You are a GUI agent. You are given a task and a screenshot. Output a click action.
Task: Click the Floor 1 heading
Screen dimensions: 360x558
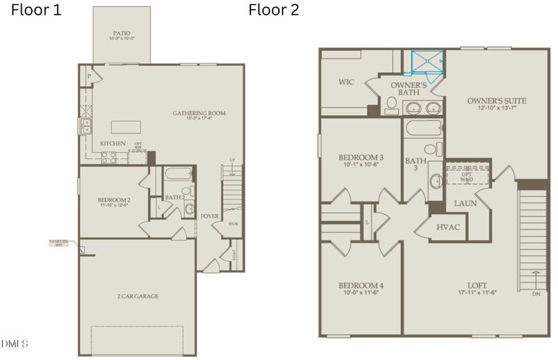coord(36,10)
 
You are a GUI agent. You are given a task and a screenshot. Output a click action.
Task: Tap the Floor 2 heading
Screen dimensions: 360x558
coord(274,10)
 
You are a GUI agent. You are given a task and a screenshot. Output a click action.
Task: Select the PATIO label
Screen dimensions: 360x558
coord(121,33)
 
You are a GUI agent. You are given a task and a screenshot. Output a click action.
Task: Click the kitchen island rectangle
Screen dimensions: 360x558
coord(126,126)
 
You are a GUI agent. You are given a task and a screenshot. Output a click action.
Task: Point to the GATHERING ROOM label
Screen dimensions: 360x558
coord(199,113)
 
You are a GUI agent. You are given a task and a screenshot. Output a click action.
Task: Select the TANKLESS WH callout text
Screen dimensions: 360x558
coord(59,243)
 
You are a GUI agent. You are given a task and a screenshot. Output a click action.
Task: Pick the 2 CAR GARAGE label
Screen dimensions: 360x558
coord(137,297)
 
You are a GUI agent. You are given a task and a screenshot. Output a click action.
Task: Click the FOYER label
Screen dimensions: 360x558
coord(210,216)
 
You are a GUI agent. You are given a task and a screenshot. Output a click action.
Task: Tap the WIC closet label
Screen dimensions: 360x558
coord(347,82)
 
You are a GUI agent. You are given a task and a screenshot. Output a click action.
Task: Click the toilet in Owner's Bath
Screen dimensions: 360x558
coord(391,106)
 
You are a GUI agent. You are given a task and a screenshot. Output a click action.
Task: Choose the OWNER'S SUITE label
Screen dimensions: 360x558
coord(497,101)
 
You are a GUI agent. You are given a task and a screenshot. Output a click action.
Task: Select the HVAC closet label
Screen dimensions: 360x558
coord(448,227)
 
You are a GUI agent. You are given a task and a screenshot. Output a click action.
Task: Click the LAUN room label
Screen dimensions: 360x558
coord(465,203)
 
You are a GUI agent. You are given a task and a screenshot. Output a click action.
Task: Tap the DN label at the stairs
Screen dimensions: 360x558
coord(536,294)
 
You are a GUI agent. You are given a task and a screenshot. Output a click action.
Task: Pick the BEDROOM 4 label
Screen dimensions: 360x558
coord(361,286)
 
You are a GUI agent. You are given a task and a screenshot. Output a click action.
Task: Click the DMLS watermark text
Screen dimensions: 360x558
coord(15,344)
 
